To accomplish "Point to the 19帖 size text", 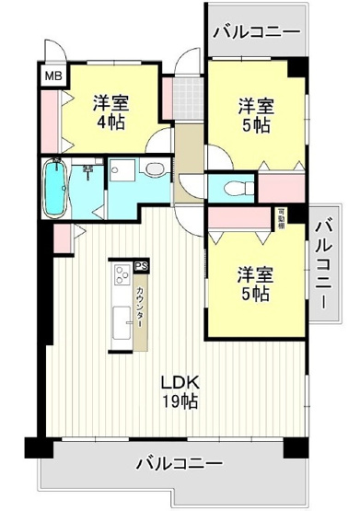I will (180, 401).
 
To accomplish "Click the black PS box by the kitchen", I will (141, 266).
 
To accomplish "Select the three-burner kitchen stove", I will (122, 275).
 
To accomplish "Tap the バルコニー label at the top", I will (255, 32).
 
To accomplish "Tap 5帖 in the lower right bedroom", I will (252, 295).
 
